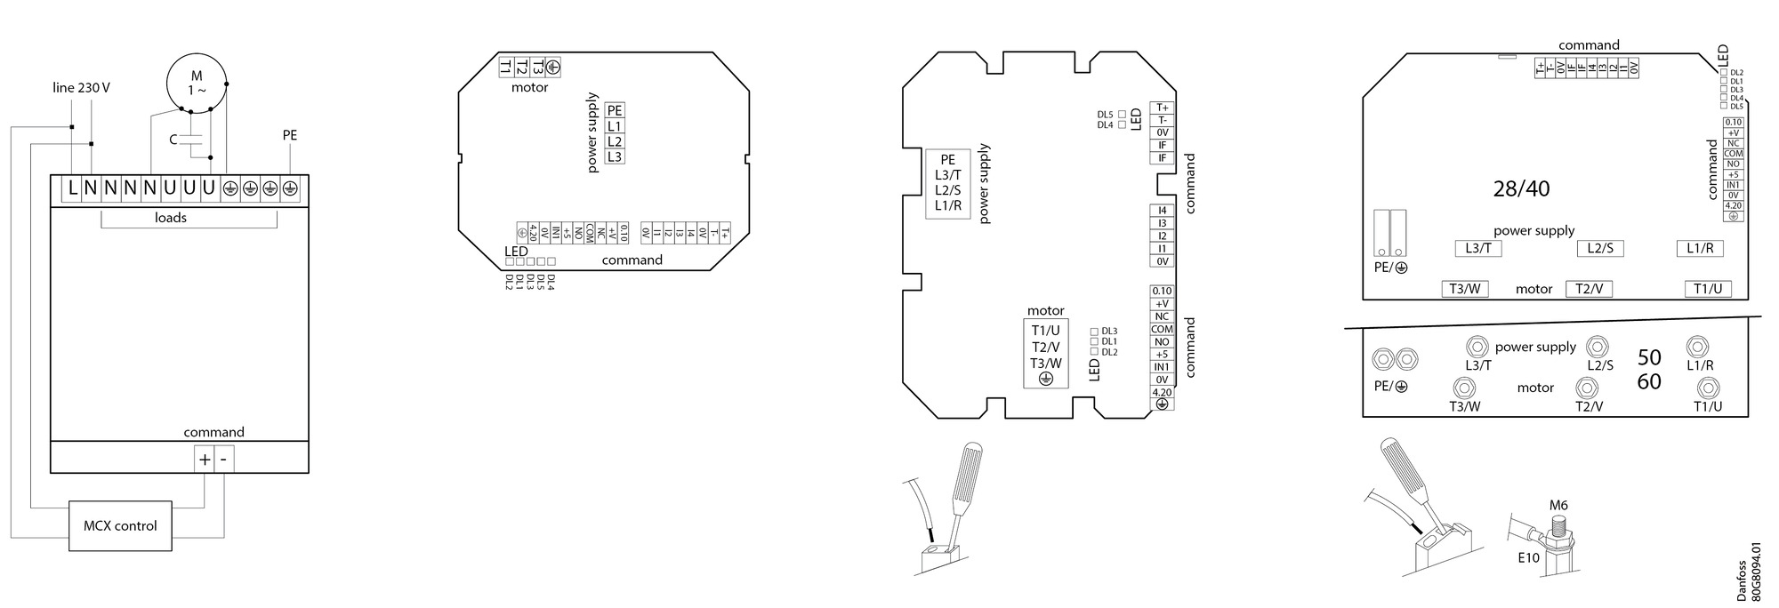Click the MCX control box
click(x=120, y=525)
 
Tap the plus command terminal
click(x=205, y=460)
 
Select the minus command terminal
click(x=223, y=460)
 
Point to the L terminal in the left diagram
click(x=72, y=188)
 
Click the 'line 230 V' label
click(x=81, y=88)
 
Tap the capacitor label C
click(x=174, y=140)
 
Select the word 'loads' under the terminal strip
click(x=171, y=218)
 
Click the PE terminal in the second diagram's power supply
click(x=614, y=111)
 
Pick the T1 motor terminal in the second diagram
click(x=505, y=67)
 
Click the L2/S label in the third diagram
click(x=947, y=190)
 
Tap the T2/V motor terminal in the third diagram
click(x=1045, y=347)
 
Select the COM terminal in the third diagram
click(x=1162, y=329)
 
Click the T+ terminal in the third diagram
click(x=1162, y=108)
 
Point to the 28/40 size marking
click(x=1521, y=188)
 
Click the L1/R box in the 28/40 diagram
click(x=1700, y=248)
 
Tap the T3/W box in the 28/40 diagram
click(x=1464, y=289)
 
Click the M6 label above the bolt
click(x=1558, y=506)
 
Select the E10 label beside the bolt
click(x=1528, y=558)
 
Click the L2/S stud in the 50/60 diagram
click(x=1598, y=345)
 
